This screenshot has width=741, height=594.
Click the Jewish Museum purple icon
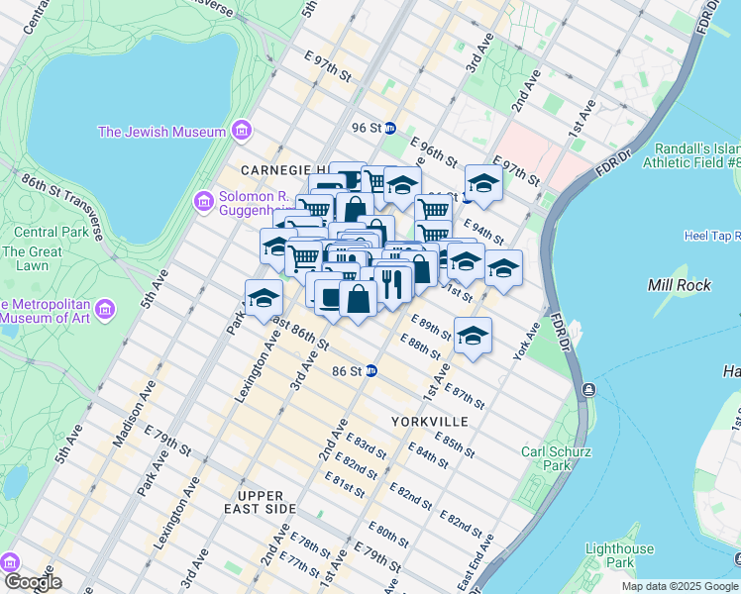[x=241, y=132]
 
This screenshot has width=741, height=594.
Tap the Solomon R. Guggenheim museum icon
[x=204, y=201]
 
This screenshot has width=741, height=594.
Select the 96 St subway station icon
[x=390, y=128]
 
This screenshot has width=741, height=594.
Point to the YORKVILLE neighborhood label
[x=428, y=422]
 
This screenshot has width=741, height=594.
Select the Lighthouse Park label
[x=619, y=555]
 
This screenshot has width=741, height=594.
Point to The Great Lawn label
[x=32, y=258]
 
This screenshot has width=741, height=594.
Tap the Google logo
[x=33, y=582]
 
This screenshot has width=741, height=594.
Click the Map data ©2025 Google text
[x=679, y=586]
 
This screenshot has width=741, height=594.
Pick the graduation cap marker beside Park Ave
[x=264, y=297]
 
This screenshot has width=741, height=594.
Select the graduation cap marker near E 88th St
[x=474, y=335]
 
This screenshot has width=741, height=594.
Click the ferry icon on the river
[x=588, y=388]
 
